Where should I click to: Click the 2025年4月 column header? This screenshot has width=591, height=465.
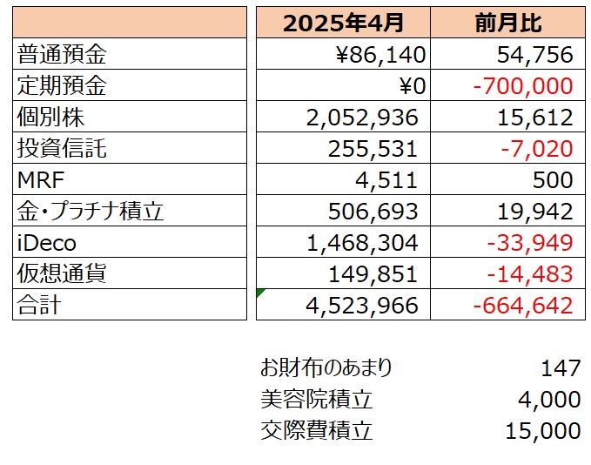pos(343,24)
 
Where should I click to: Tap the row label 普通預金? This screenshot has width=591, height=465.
pos(62,56)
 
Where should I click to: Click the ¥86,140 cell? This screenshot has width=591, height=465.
pos(380,56)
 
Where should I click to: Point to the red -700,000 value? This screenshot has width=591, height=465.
pos(523,86)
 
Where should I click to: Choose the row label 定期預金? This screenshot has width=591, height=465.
pos(62,86)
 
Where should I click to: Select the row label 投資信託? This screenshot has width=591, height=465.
pos(62,149)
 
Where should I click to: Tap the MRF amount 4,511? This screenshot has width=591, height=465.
pos(393,180)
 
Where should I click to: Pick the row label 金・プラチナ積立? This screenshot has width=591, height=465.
pos(91,212)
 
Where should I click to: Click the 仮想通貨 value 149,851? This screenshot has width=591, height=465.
pos(373,274)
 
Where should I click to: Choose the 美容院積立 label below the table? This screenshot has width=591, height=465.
pos(316,400)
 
